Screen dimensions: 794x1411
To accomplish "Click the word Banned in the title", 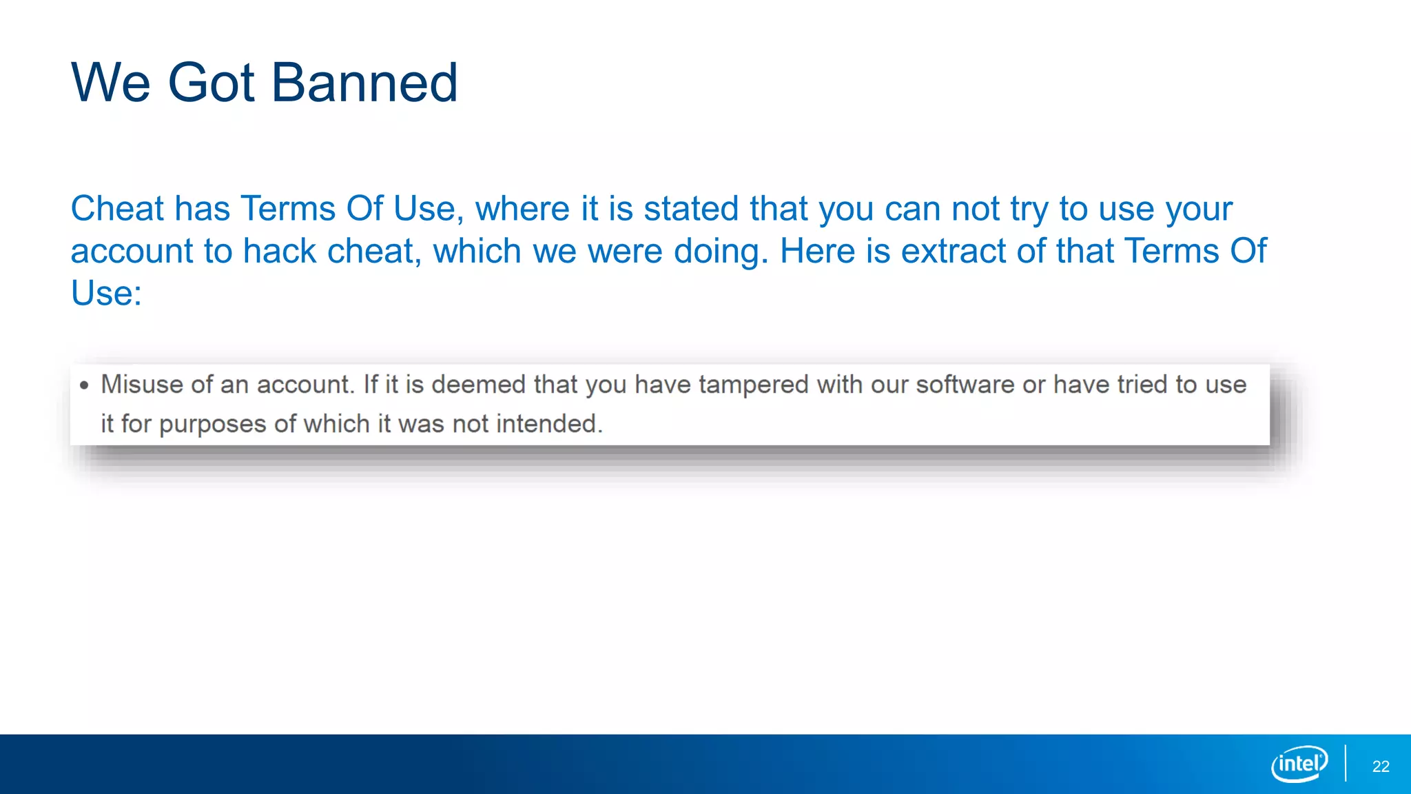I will pyautogui.click(x=364, y=83).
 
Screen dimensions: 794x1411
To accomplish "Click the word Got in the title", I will pyautogui.click(x=211, y=83).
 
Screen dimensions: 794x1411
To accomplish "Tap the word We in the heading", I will pyautogui.click(x=110, y=83).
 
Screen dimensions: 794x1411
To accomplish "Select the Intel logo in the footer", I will pyautogui.click(x=1299, y=764).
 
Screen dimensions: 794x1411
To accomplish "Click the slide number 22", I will pyautogui.click(x=1380, y=766).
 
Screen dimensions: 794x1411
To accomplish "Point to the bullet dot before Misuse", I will pyautogui.click(x=84, y=385).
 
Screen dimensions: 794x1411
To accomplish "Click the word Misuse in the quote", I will pyautogui.click(x=143, y=384).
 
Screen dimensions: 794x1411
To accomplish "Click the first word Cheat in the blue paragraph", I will pyautogui.click(x=116, y=209).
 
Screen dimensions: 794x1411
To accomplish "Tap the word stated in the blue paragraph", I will pyautogui.click(x=690, y=209).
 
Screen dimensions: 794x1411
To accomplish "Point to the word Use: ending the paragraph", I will pyautogui.click(x=106, y=294).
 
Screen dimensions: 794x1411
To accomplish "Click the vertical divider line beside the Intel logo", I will pyautogui.click(x=1345, y=763).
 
